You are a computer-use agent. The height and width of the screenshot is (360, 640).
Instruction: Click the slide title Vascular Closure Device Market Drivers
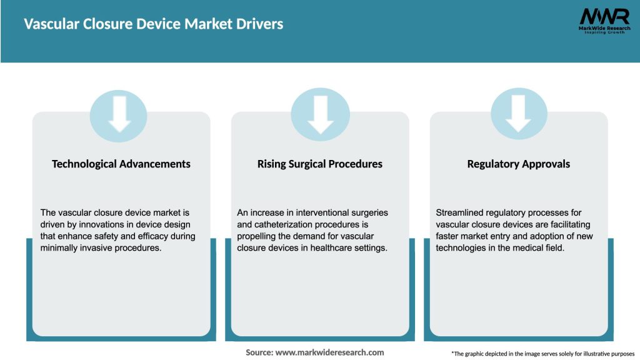click(x=154, y=24)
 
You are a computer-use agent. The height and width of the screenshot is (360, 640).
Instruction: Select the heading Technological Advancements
click(x=121, y=164)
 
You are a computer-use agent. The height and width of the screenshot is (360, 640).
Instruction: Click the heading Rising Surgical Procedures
click(x=320, y=164)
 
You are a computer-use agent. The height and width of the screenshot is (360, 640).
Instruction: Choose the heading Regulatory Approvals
click(x=519, y=164)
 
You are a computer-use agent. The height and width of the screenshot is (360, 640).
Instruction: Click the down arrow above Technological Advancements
click(x=119, y=114)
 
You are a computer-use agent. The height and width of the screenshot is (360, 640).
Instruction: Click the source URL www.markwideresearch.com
click(x=330, y=352)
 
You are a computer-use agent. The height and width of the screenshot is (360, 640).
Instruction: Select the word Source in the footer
click(x=259, y=352)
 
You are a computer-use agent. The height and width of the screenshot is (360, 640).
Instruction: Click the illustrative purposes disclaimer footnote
click(x=542, y=354)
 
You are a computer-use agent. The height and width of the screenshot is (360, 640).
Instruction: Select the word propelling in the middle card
click(x=258, y=236)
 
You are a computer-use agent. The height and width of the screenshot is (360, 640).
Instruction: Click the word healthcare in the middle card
click(x=329, y=248)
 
